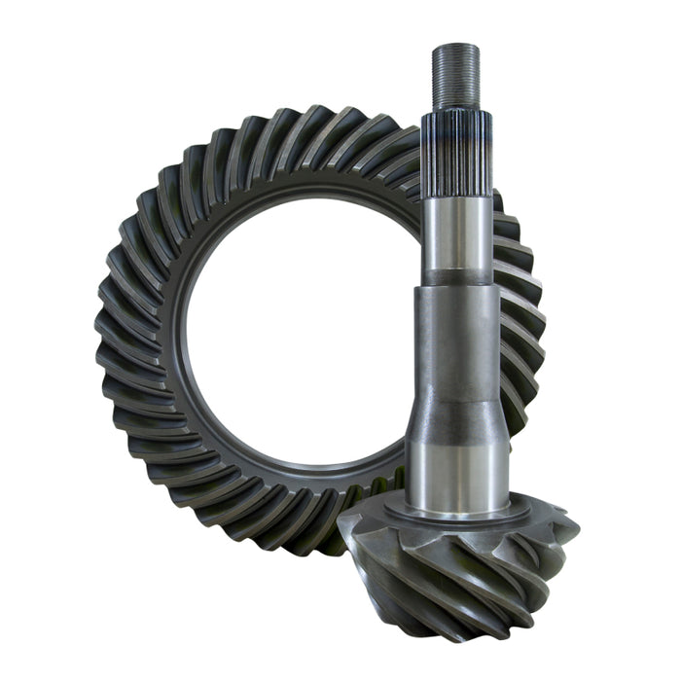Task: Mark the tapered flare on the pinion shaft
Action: pyautogui.click(x=456, y=413)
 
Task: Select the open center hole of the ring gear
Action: pyautogui.click(x=292, y=321)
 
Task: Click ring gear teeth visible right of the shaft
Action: pyautogui.click(x=520, y=321)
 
